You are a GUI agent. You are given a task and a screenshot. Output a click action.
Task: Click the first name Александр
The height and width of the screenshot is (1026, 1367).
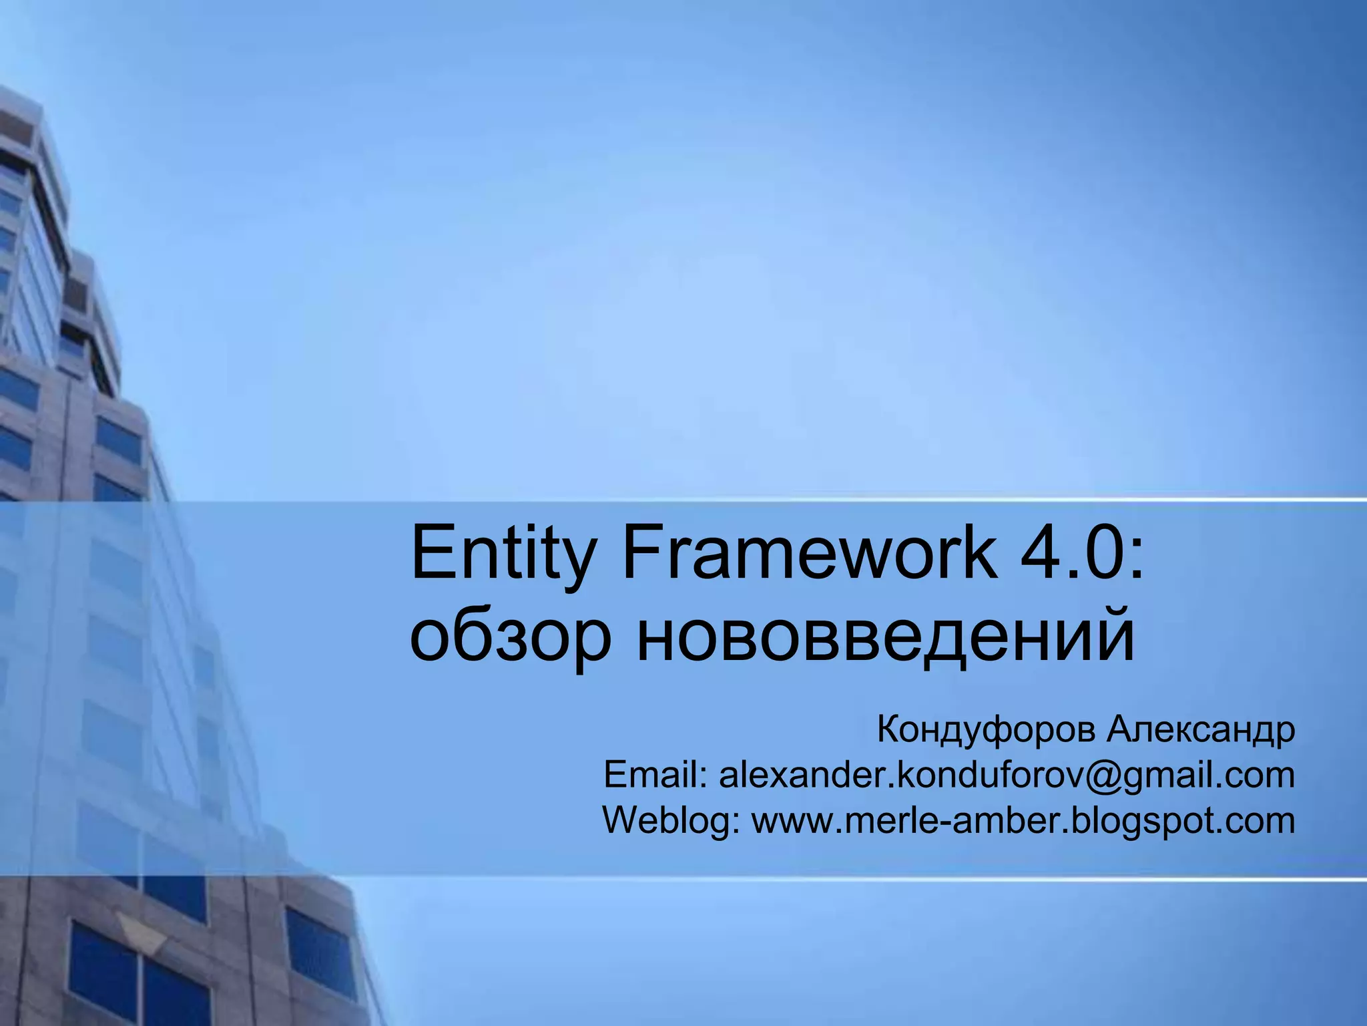click(x=1201, y=729)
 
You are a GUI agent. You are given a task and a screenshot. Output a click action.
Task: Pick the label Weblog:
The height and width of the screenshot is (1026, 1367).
click(x=671, y=820)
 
